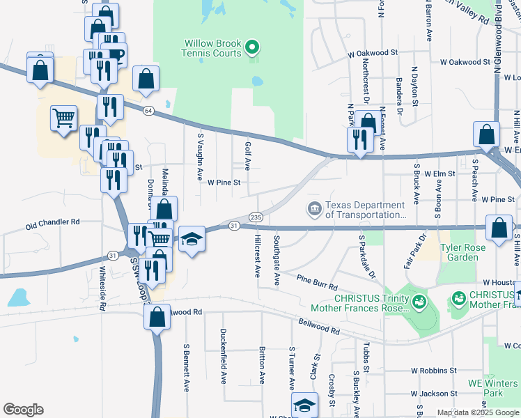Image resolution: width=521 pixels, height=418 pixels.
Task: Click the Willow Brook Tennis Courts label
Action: [212, 47]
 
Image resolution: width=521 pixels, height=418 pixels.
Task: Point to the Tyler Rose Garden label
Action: [458, 252]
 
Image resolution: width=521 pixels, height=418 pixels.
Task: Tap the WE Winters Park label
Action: [493, 388]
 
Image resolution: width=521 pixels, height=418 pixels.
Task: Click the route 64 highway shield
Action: [148, 111]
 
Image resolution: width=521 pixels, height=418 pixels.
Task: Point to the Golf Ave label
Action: [248, 155]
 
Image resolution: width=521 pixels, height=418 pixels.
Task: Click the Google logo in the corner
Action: [23, 410]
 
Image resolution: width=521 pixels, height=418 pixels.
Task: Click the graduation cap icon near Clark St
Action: [304, 404]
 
